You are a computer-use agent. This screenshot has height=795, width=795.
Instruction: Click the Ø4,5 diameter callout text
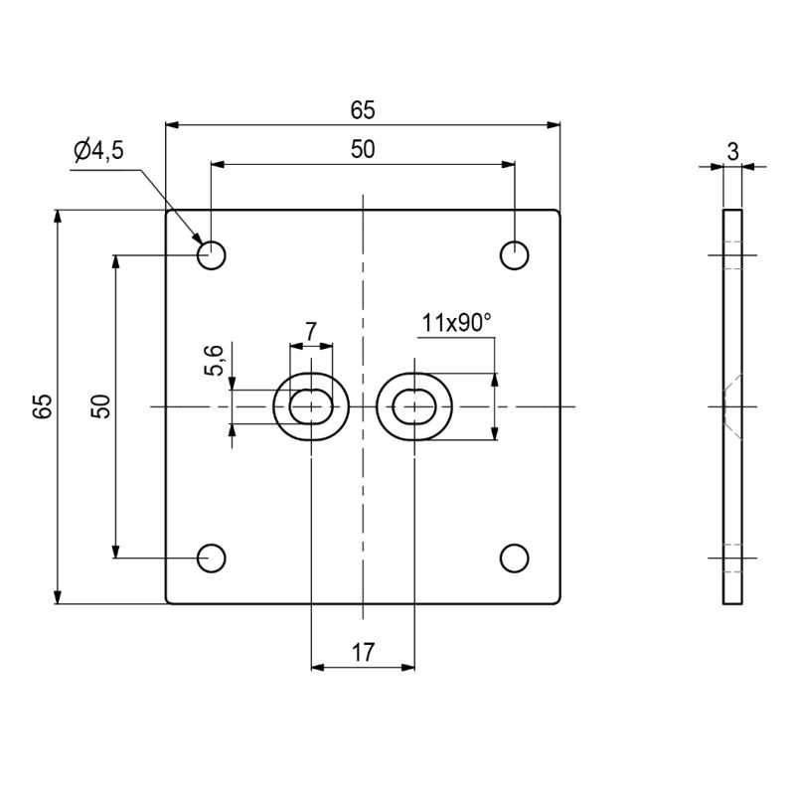point(98,150)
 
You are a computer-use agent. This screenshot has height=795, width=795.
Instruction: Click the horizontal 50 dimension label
point(363,149)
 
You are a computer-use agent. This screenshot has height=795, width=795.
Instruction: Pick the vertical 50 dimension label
point(101,405)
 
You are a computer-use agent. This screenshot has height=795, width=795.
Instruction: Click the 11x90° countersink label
point(456,322)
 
